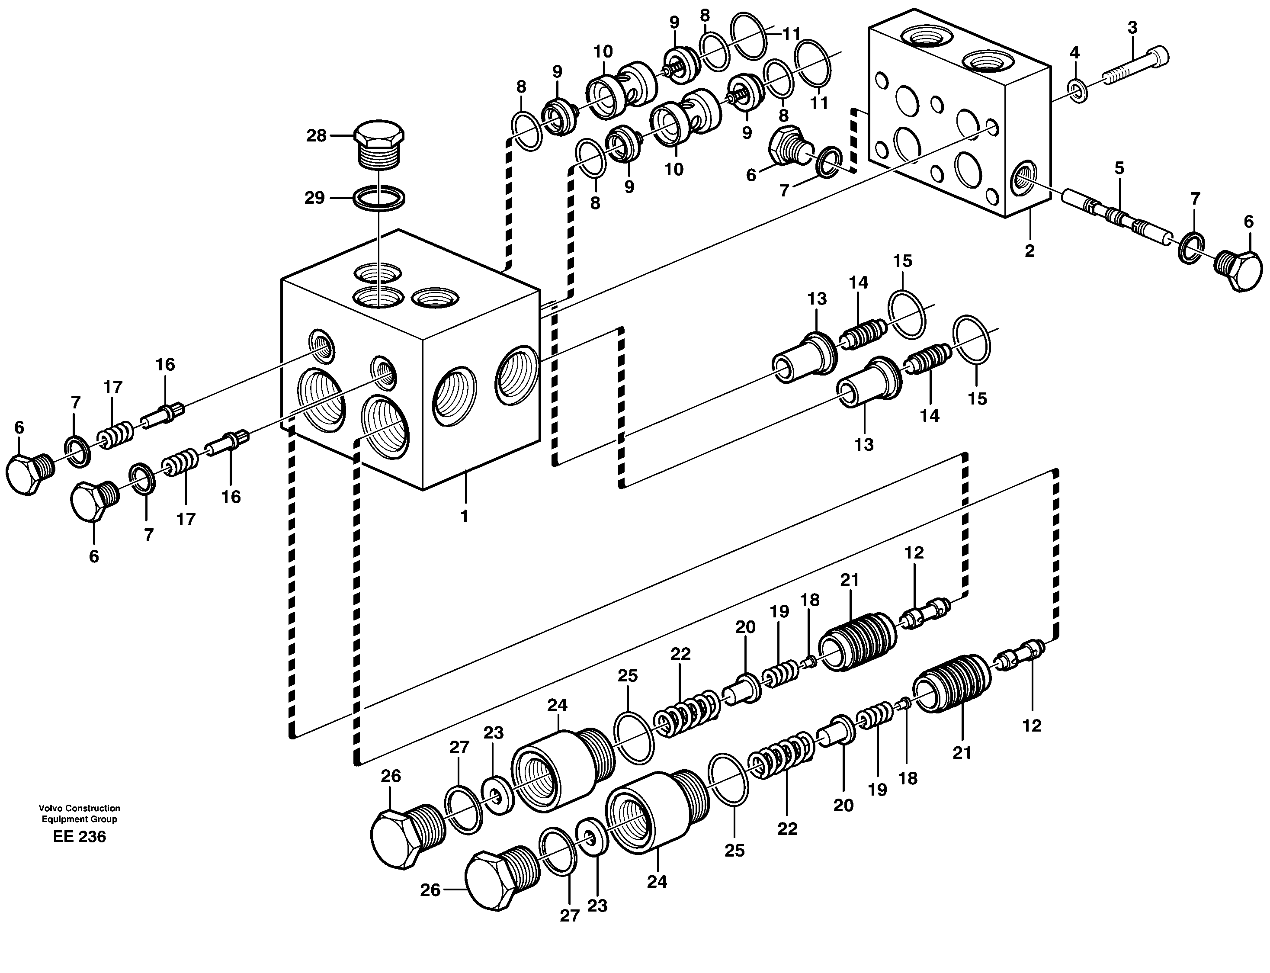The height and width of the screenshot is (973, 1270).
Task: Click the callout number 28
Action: click(316, 136)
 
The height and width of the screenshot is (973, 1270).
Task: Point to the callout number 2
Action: click(1029, 251)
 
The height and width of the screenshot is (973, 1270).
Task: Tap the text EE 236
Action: click(79, 836)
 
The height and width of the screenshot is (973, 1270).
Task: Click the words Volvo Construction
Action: click(79, 808)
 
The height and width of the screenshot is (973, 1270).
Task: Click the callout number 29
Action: click(314, 198)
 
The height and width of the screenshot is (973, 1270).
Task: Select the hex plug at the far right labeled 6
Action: click(1238, 272)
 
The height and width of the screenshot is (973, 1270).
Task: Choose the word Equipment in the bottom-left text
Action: click(62, 819)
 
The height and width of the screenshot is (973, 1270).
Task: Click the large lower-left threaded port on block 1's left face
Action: click(321, 400)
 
